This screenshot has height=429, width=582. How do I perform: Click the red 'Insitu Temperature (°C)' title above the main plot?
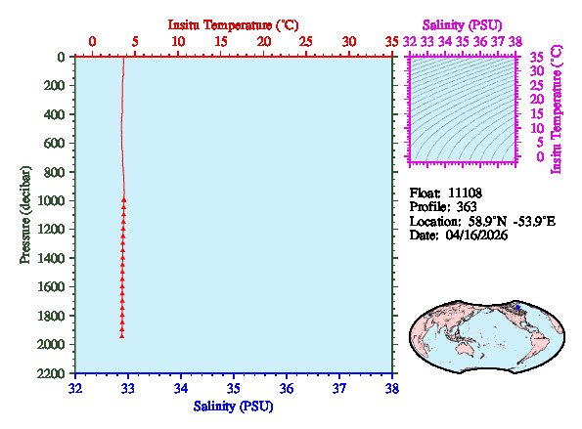(x=232, y=23)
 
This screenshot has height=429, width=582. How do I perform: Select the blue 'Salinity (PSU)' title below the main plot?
(x=233, y=406)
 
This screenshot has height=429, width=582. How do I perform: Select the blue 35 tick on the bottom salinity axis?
(x=234, y=389)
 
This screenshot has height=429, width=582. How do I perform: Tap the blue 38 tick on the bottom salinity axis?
(x=392, y=389)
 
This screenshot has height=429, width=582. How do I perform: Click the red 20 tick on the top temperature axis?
(x=263, y=41)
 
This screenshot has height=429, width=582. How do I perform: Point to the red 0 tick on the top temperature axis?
(x=92, y=41)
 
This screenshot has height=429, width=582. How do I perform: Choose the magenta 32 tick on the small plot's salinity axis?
(x=410, y=41)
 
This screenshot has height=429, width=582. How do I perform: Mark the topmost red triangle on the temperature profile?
(x=124, y=200)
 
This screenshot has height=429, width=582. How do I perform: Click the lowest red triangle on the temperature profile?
(x=121, y=335)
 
